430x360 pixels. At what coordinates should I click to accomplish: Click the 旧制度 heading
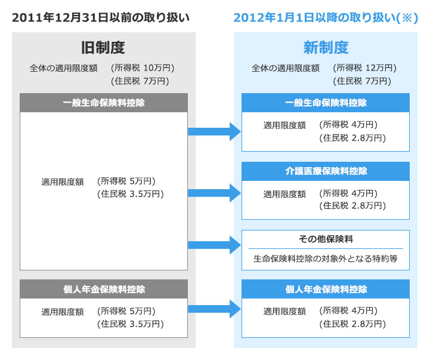[x=103, y=48]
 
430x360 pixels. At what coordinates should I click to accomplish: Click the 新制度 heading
[x=326, y=48]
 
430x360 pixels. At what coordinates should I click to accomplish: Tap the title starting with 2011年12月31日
[x=101, y=17]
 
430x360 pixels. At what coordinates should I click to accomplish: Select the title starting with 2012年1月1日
[x=326, y=17]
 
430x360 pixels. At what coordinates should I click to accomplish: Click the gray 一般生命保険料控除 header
[x=104, y=103]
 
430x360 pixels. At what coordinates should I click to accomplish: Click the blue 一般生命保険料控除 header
[x=326, y=103]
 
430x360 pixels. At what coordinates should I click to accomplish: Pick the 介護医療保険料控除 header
[x=326, y=171]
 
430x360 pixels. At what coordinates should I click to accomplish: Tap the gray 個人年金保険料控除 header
[x=104, y=289]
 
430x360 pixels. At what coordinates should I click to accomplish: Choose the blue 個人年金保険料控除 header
[x=326, y=289]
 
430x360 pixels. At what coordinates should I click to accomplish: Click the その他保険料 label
[x=326, y=239]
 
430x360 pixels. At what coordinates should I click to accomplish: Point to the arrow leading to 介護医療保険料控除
[x=215, y=193]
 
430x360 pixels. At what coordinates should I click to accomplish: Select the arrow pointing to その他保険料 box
[x=215, y=245]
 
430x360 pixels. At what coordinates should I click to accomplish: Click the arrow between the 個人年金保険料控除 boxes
[x=215, y=309]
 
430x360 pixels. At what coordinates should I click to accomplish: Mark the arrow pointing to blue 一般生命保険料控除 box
[x=215, y=131]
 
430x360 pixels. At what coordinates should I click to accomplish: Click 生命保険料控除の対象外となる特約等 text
[x=326, y=259]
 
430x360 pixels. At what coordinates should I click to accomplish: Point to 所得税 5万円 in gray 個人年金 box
[x=126, y=311]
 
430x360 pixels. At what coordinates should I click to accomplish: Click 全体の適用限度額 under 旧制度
[x=64, y=68]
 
